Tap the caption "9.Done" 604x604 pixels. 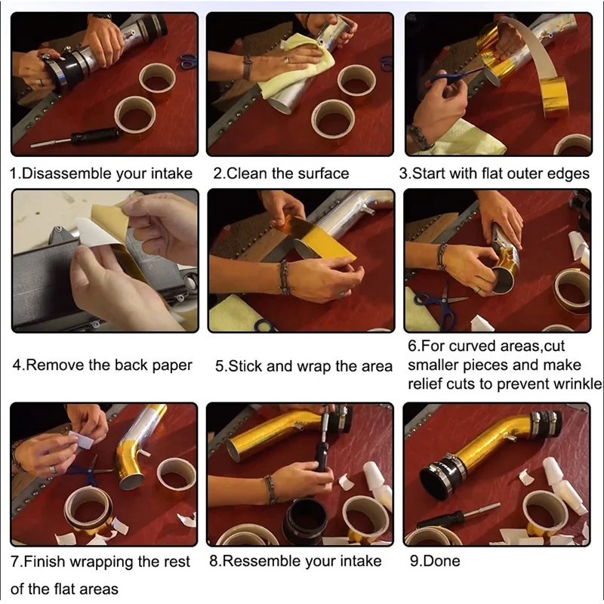435,561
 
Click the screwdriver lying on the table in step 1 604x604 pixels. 76,137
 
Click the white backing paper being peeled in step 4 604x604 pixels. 98,231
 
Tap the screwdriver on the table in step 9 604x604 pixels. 458,516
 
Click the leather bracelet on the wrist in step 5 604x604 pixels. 284,278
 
